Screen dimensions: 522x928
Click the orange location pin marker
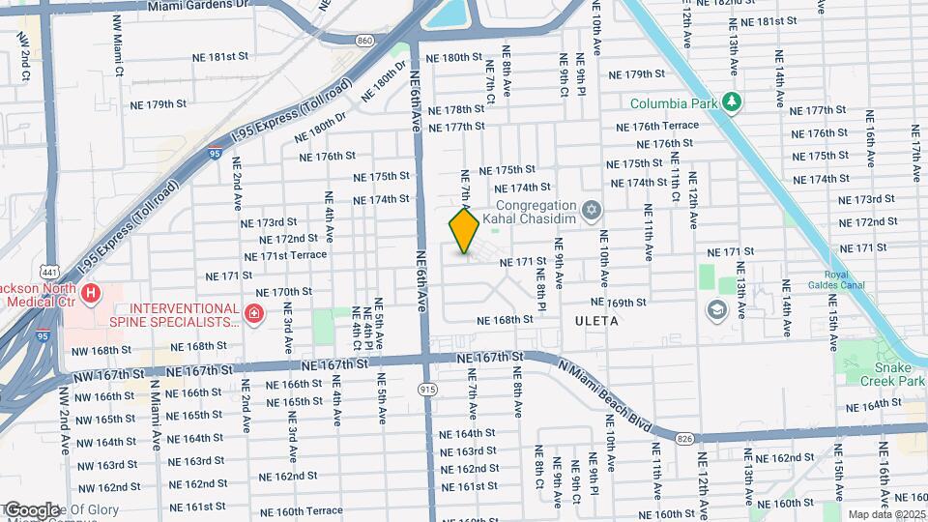[464, 232]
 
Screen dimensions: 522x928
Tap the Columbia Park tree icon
[733, 102]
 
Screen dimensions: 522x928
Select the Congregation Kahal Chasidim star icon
[591, 210]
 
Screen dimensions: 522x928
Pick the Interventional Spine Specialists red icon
[253, 314]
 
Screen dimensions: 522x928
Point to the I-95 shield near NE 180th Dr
[215, 153]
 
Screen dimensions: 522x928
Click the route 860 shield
[363, 41]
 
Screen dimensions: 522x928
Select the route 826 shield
[685, 439]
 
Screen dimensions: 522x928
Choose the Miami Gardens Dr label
[199, 6]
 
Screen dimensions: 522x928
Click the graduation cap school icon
[716, 309]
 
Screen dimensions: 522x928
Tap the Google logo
[31, 510]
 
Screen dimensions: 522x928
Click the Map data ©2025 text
[886, 514]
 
